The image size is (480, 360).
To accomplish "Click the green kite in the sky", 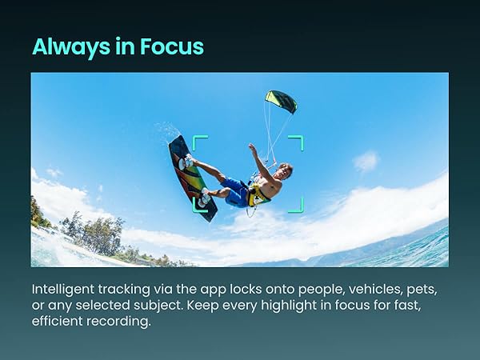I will coord(281,101).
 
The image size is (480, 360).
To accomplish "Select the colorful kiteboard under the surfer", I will coord(192,177).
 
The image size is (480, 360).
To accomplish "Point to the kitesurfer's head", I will coord(285,170).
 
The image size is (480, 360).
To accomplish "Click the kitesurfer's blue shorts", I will coord(237,192).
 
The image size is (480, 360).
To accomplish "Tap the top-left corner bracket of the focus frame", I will coord(199,142).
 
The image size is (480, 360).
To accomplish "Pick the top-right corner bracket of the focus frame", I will coord(297,142).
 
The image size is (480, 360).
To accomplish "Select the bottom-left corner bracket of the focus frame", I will coord(199,206).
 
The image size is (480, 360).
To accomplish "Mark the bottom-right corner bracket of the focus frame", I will coord(297,206).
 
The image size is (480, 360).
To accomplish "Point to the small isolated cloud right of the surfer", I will coord(366,162).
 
